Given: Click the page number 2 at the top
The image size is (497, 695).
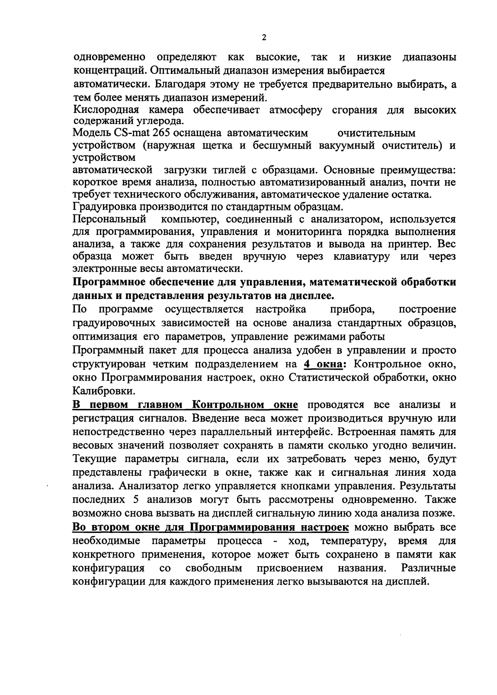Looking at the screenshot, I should (264, 38).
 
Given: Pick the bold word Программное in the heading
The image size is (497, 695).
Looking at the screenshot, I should (112, 283).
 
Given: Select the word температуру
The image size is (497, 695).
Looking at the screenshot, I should (349, 541).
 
